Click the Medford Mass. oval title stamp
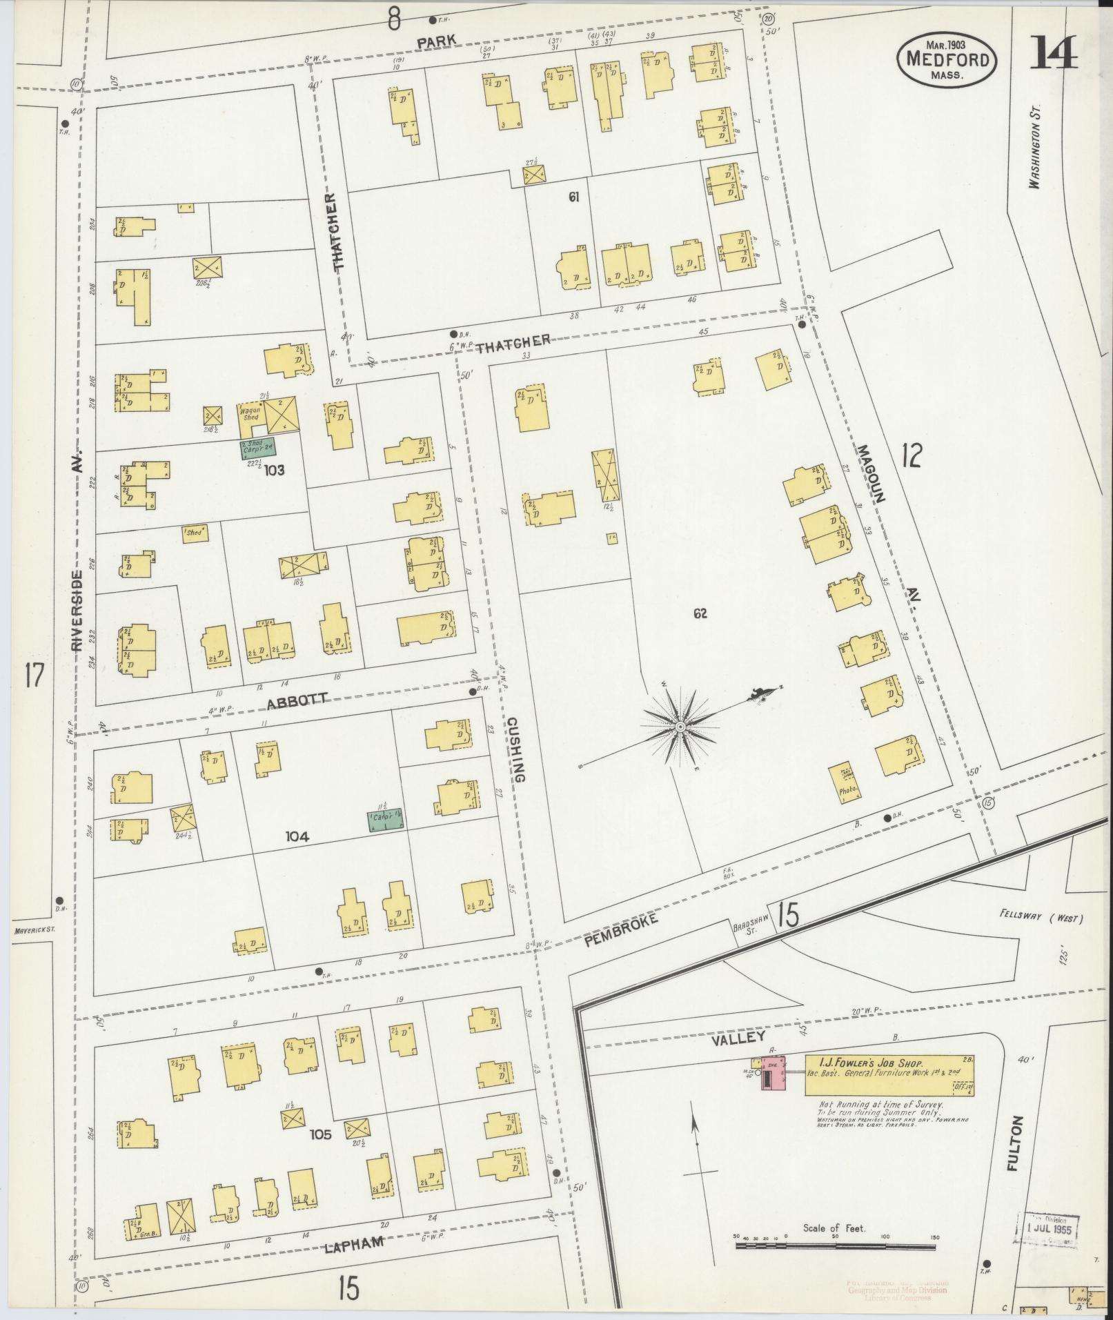click(x=947, y=59)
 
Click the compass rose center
click(x=680, y=727)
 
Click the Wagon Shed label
click(x=249, y=414)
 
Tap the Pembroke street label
click(x=620, y=922)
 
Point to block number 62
click(x=700, y=613)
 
